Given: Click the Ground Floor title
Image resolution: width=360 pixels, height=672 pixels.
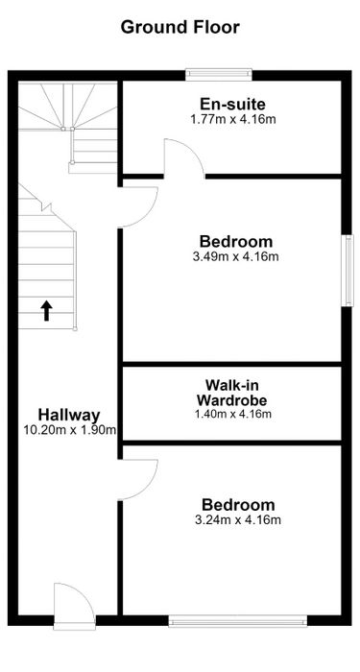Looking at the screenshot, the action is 180,28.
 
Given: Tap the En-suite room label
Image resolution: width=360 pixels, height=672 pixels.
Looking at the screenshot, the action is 232,104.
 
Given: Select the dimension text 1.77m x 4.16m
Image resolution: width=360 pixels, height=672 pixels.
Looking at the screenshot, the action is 232,119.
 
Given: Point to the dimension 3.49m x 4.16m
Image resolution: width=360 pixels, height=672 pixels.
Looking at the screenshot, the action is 236,256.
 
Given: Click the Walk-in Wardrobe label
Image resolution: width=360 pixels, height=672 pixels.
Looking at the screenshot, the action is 232,392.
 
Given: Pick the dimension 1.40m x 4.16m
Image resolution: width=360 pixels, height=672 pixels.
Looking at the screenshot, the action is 232,414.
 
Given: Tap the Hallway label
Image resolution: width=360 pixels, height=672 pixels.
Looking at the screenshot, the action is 69,415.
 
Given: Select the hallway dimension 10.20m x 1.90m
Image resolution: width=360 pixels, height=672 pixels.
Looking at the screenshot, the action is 70,430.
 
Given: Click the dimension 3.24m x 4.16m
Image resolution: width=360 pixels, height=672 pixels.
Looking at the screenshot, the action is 238,520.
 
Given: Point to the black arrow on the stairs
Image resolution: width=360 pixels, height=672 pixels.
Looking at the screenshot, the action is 46,311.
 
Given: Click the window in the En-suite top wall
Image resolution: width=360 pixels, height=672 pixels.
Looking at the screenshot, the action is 219,75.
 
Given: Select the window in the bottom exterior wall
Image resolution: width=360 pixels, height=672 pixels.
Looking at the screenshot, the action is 238,621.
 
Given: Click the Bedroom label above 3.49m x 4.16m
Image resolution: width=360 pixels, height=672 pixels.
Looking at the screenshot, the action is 236,242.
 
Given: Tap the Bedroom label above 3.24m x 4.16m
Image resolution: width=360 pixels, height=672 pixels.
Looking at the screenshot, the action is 238,504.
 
